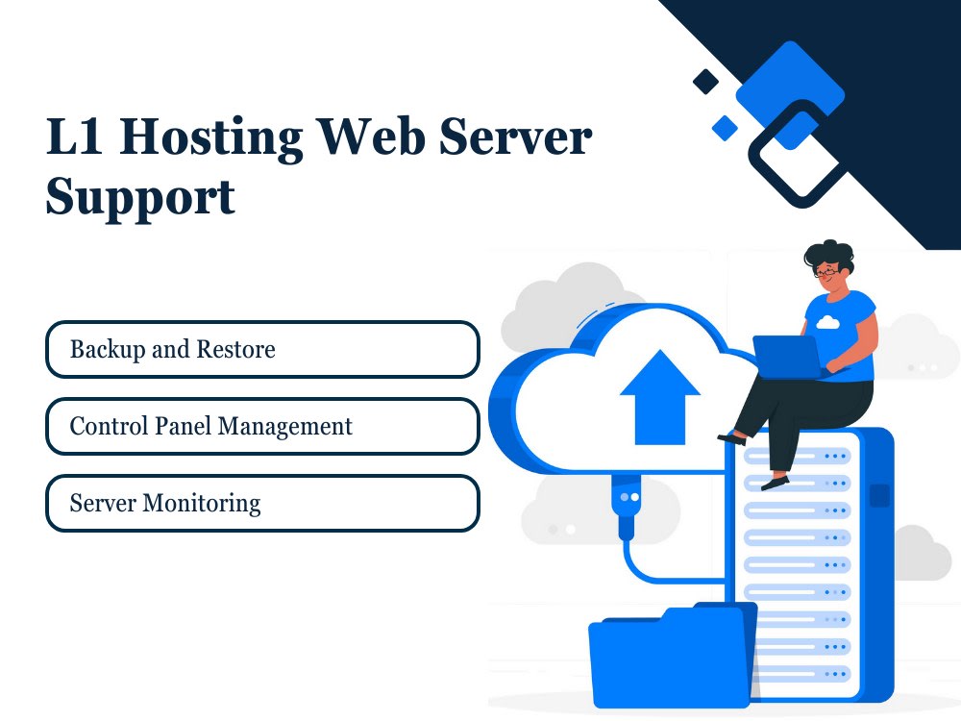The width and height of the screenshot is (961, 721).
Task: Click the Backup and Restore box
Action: pyautogui.click(x=262, y=350)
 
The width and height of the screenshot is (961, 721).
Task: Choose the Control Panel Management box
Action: pyautogui.click(x=262, y=426)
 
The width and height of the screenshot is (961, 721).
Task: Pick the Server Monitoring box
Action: pyautogui.click(x=262, y=503)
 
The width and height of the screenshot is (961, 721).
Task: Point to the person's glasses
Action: pyautogui.click(x=826, y=270)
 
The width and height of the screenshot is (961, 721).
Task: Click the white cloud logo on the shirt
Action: pyautogui.click(x=827, y=322)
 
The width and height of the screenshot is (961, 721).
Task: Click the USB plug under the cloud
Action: pyautogui.click(x=627, y=506)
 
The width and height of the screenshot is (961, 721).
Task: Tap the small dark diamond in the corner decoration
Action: pyautogui.click(x=705, y=82)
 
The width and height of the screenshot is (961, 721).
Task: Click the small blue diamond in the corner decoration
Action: pyautogui.click(x=725, y=128)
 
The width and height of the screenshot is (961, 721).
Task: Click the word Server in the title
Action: pyautogui.click(x=515, y=137)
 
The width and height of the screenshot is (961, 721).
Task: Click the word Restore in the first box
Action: pyautogui.click(x=236, y=350)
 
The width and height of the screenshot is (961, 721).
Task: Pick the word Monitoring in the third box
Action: pyautogui.click(x=202, y=504)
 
